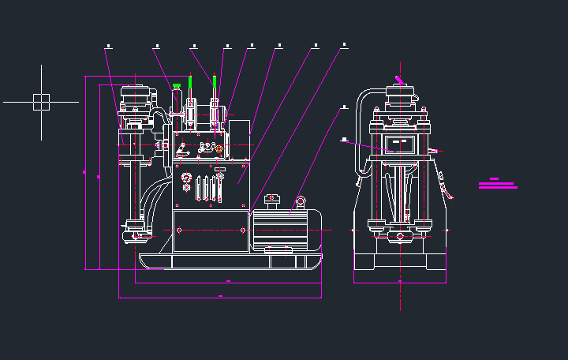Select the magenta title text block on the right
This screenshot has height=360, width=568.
click(x=497, y=184)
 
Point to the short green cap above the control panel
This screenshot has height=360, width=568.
click(x=177, y=85)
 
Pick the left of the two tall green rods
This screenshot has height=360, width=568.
click(x=192, y=82)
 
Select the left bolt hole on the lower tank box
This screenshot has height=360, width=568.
click(x=179, y=230)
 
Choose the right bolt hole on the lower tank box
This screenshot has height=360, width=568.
click(x=242, y=230)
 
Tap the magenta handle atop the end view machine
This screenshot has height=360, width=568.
click(x=401, y=80)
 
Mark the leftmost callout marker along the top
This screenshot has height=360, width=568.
click(x=106, y=47)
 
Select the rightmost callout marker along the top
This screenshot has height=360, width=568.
click(x=345, y=45)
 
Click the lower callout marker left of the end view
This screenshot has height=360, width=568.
click(x=345, y=140)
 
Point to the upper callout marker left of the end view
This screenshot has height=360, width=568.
click(x=344, y=107)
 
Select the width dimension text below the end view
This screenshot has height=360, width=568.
click(x=400, y=281)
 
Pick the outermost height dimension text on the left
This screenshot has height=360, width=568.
click(x=84, y=171)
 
